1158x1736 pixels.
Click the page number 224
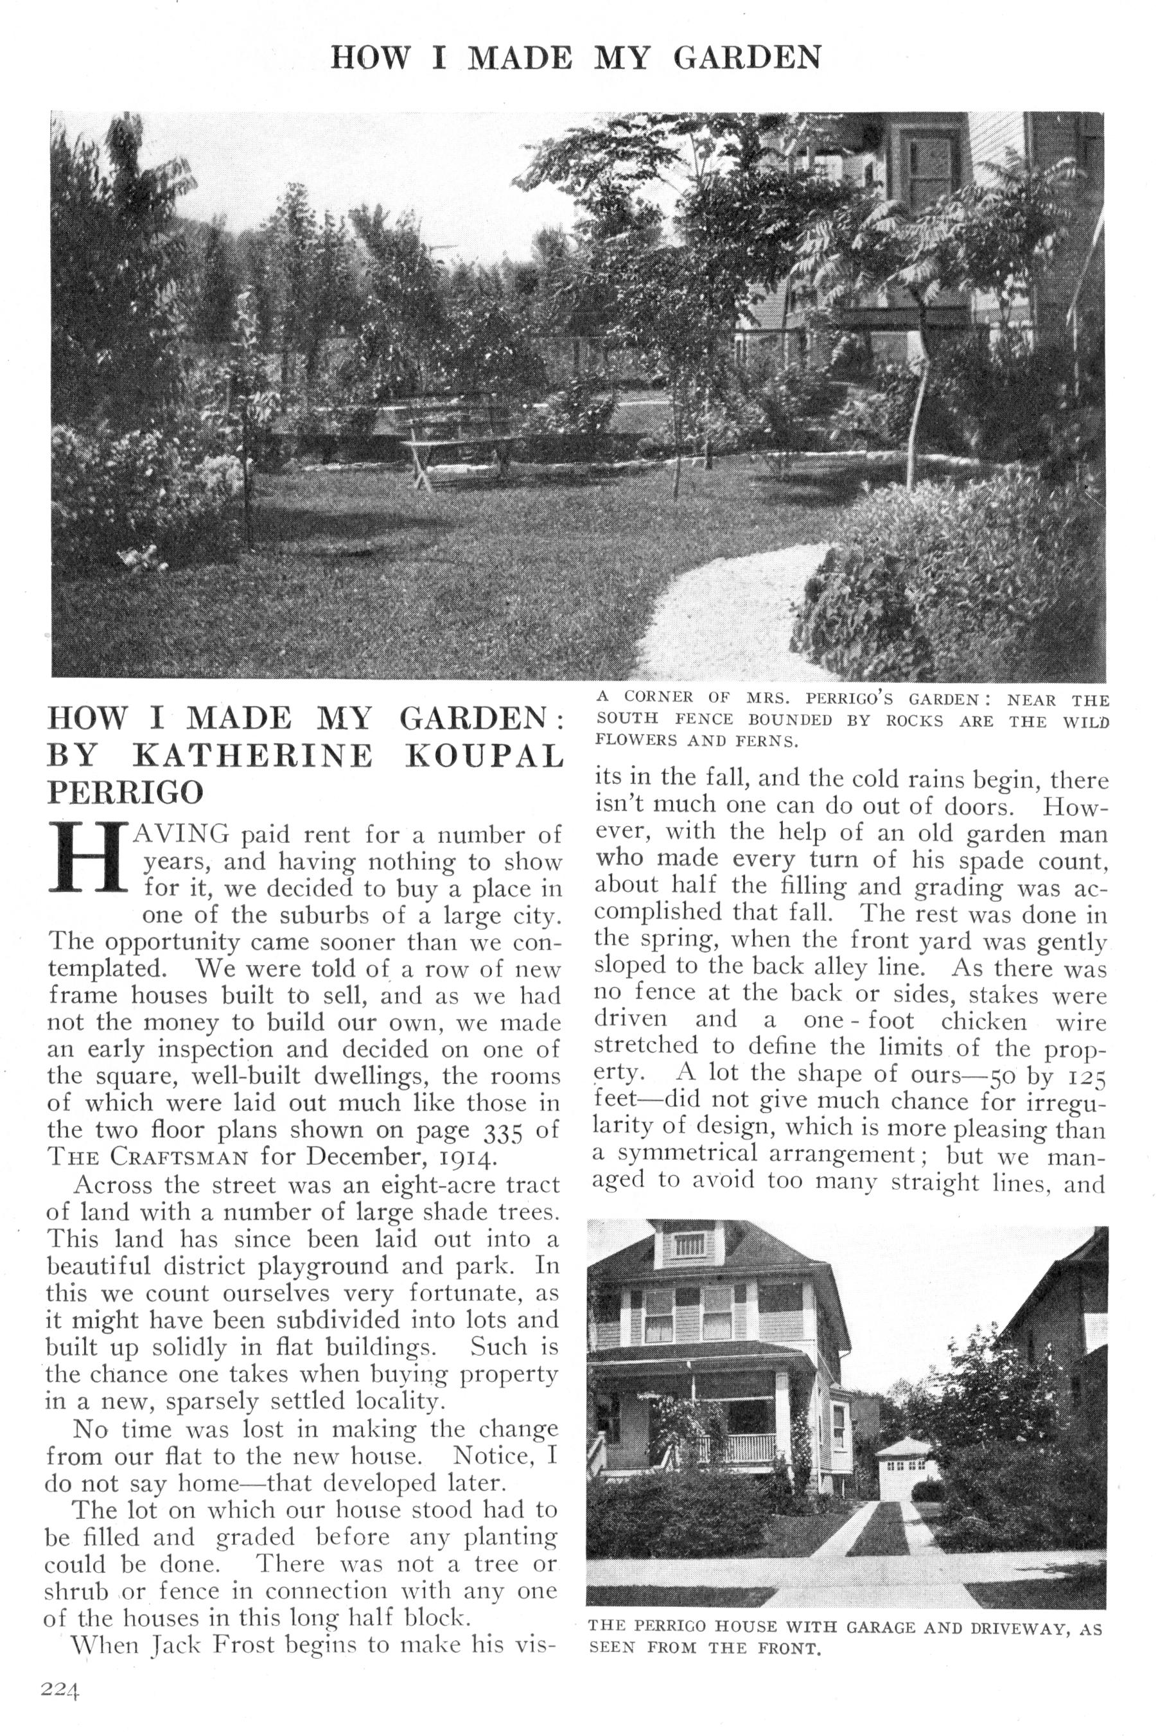(x=60, y=1690)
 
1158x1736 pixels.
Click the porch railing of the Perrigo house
(x=735, y=1451)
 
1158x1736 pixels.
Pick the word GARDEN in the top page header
(x=747, y=58)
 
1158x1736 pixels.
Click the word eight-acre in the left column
(x=434, y=1185)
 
